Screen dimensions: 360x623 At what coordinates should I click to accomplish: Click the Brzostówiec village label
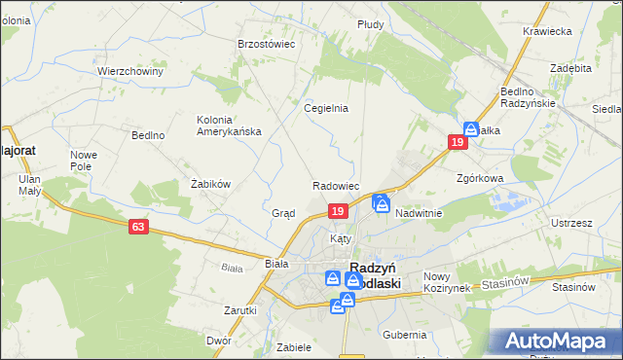pyautogui.click(x=267, y=44)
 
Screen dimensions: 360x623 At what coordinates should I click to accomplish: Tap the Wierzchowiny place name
pyautogui.click(x=129, y=71)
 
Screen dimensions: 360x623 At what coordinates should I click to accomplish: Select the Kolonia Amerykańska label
pyautogui.click(x=229, y=126)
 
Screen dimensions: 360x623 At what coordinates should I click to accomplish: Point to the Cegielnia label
pyautogui.click(x=326, y=109)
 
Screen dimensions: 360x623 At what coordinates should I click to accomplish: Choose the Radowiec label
pyautogui.click(x=337, y=185)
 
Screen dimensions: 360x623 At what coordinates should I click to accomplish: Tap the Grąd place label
pyautogui.click(x=283, y=213)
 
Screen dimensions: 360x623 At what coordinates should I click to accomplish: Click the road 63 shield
pyautogui.click(x=138, y=227)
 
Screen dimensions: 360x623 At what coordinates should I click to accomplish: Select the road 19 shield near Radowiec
pyautogui.click(x=337, y=211)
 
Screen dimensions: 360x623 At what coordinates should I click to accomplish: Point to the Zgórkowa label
pyautogui.click(x=479, y=179)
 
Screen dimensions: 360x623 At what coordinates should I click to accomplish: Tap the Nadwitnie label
pyautogui.click(x=420, y=213)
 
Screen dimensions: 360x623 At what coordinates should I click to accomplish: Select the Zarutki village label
pyautogui.click(x=239, y=310)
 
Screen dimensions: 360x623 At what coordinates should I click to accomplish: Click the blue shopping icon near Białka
pyautogui.click(x=471, y=127)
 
